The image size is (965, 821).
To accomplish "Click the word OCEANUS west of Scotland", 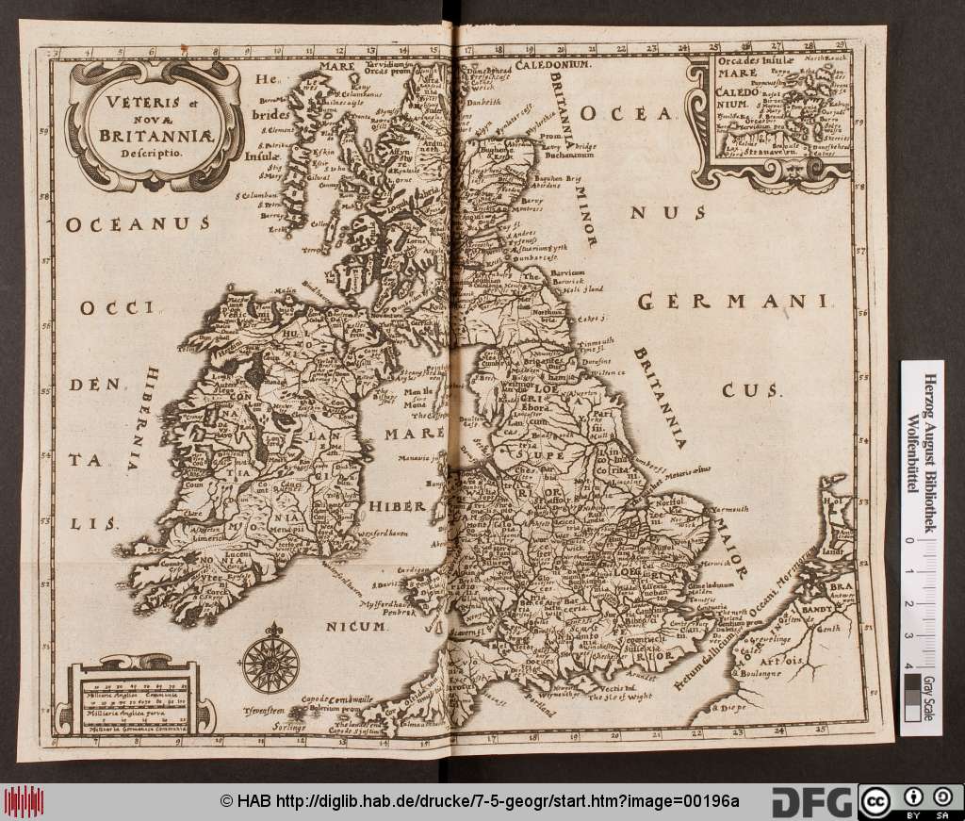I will (136, 224).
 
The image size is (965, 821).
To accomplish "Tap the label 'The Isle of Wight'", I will (620, 698).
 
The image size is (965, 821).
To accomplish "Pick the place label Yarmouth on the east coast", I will (729, 510).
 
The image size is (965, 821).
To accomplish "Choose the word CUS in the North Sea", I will (754, 388).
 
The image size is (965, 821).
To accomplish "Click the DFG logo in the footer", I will (811, 802).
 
